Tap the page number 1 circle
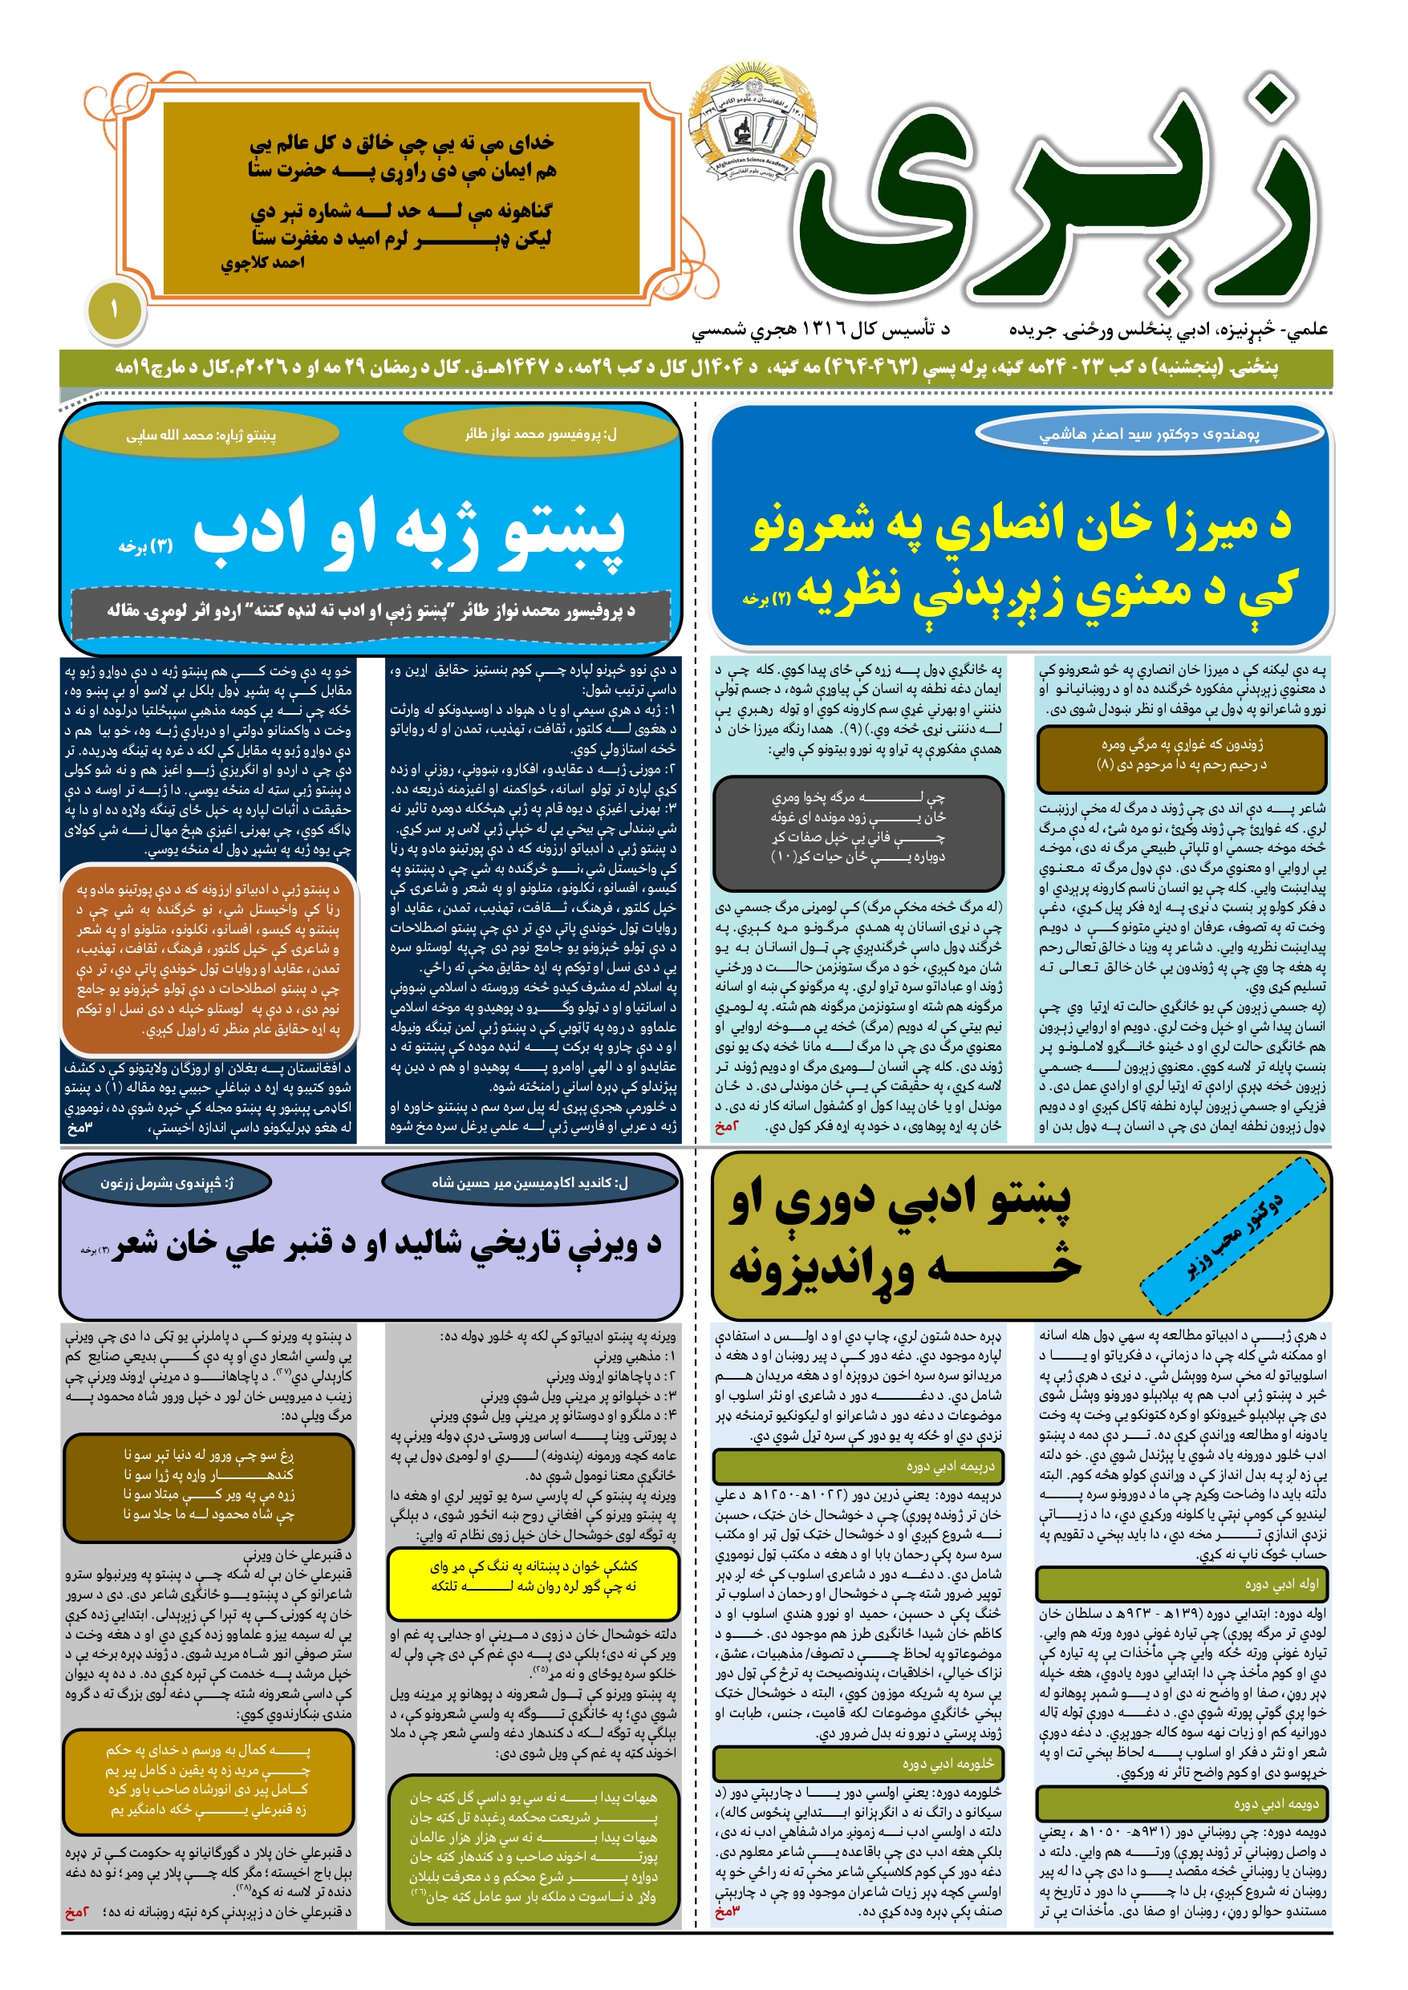click(x=114, y=310)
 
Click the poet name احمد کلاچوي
click(x=262, y=262)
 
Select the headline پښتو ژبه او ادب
click(x=408, y=530)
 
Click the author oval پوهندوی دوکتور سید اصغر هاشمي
click(x=1150, y=433)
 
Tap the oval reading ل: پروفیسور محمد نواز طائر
click(x=540, y=433)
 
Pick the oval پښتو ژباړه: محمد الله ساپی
click(x=201, y=435)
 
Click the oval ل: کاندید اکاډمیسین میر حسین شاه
click(x=530, y=1182)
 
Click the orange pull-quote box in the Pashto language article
click(x=208, y=959)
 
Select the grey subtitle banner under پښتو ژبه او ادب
click(x=371, y=611)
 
